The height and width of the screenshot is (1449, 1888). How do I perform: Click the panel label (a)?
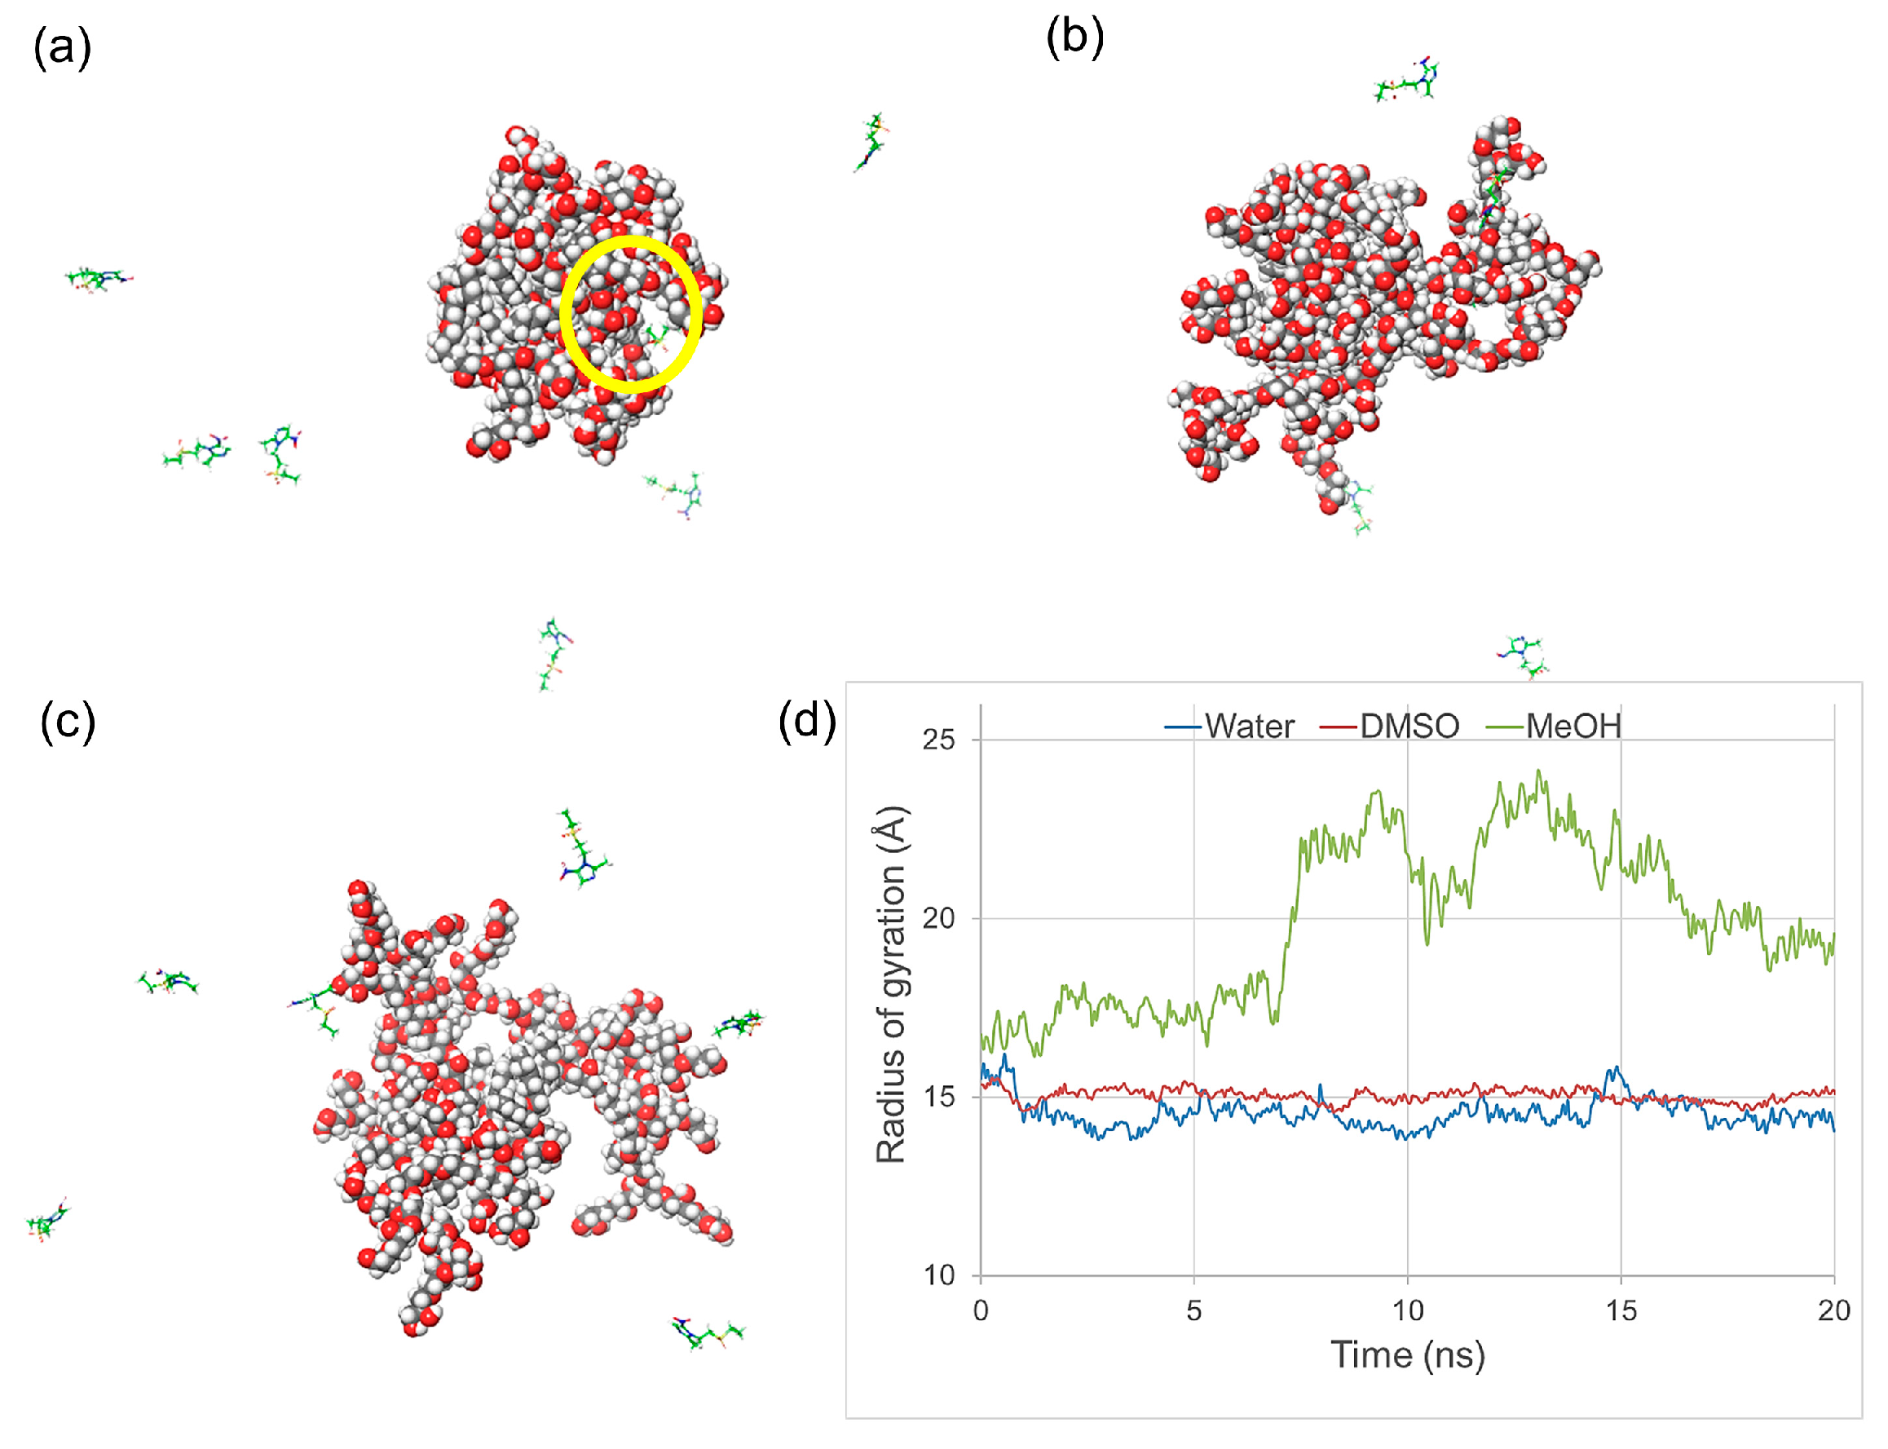(x=62, y=47)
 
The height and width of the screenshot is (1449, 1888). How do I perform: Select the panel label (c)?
(x=67, y=721)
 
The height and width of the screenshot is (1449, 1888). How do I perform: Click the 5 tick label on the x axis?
(x=1193, y=1311)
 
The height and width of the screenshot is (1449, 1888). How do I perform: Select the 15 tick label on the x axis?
(x=1620, y=1311)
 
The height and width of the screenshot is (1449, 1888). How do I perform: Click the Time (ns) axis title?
(x=1407, y=1355)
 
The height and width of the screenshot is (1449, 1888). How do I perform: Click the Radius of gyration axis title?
(x=890, y=983)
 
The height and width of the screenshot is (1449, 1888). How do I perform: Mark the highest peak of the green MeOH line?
(x=1539, y=772)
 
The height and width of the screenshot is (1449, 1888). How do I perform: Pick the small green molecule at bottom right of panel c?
(x=707, y=1332)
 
